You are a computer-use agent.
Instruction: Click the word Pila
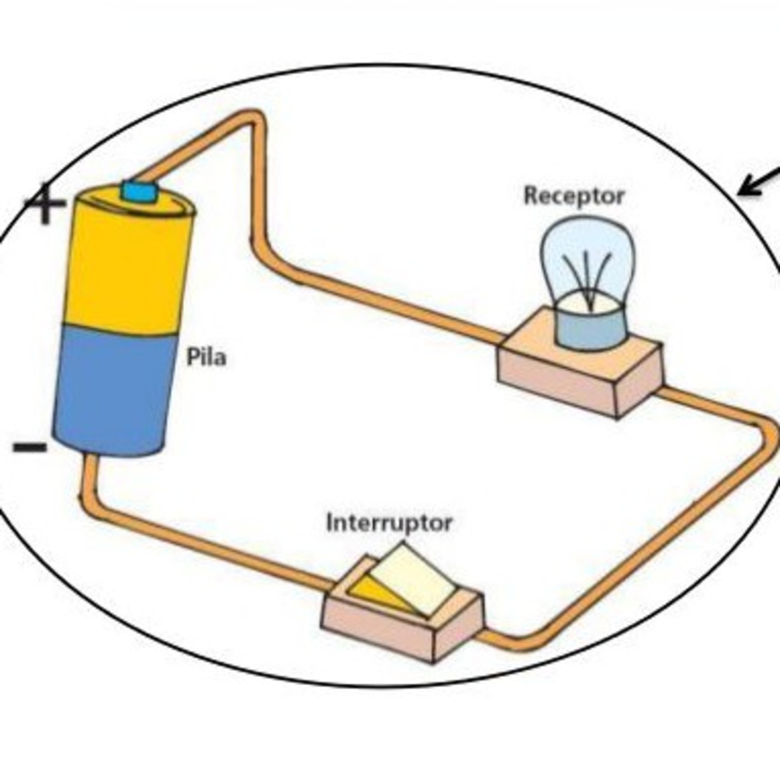(x=206, y=357)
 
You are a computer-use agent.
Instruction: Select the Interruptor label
(x=389, y=523)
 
